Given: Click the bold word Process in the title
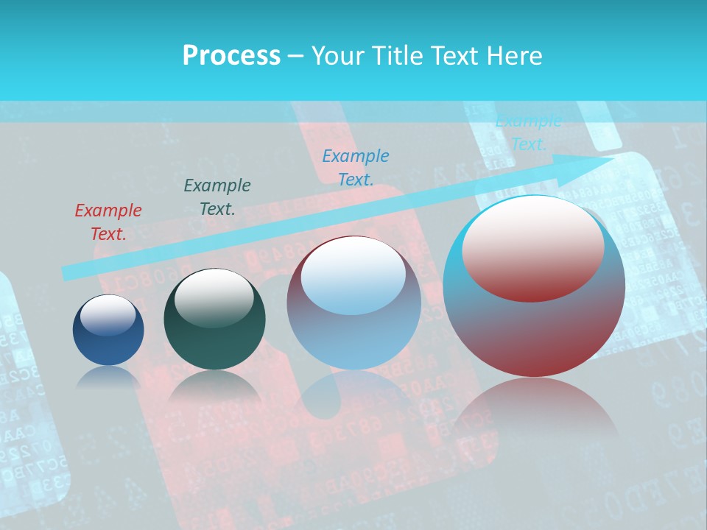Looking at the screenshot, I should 231,55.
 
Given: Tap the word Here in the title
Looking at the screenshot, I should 513,55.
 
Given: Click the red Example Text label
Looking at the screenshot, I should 108,222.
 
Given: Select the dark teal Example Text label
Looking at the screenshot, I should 217,197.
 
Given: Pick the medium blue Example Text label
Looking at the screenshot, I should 356,167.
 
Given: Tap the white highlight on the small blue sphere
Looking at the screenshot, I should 108,315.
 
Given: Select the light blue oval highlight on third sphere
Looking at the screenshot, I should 353,276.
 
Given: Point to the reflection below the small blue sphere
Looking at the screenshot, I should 108,379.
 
